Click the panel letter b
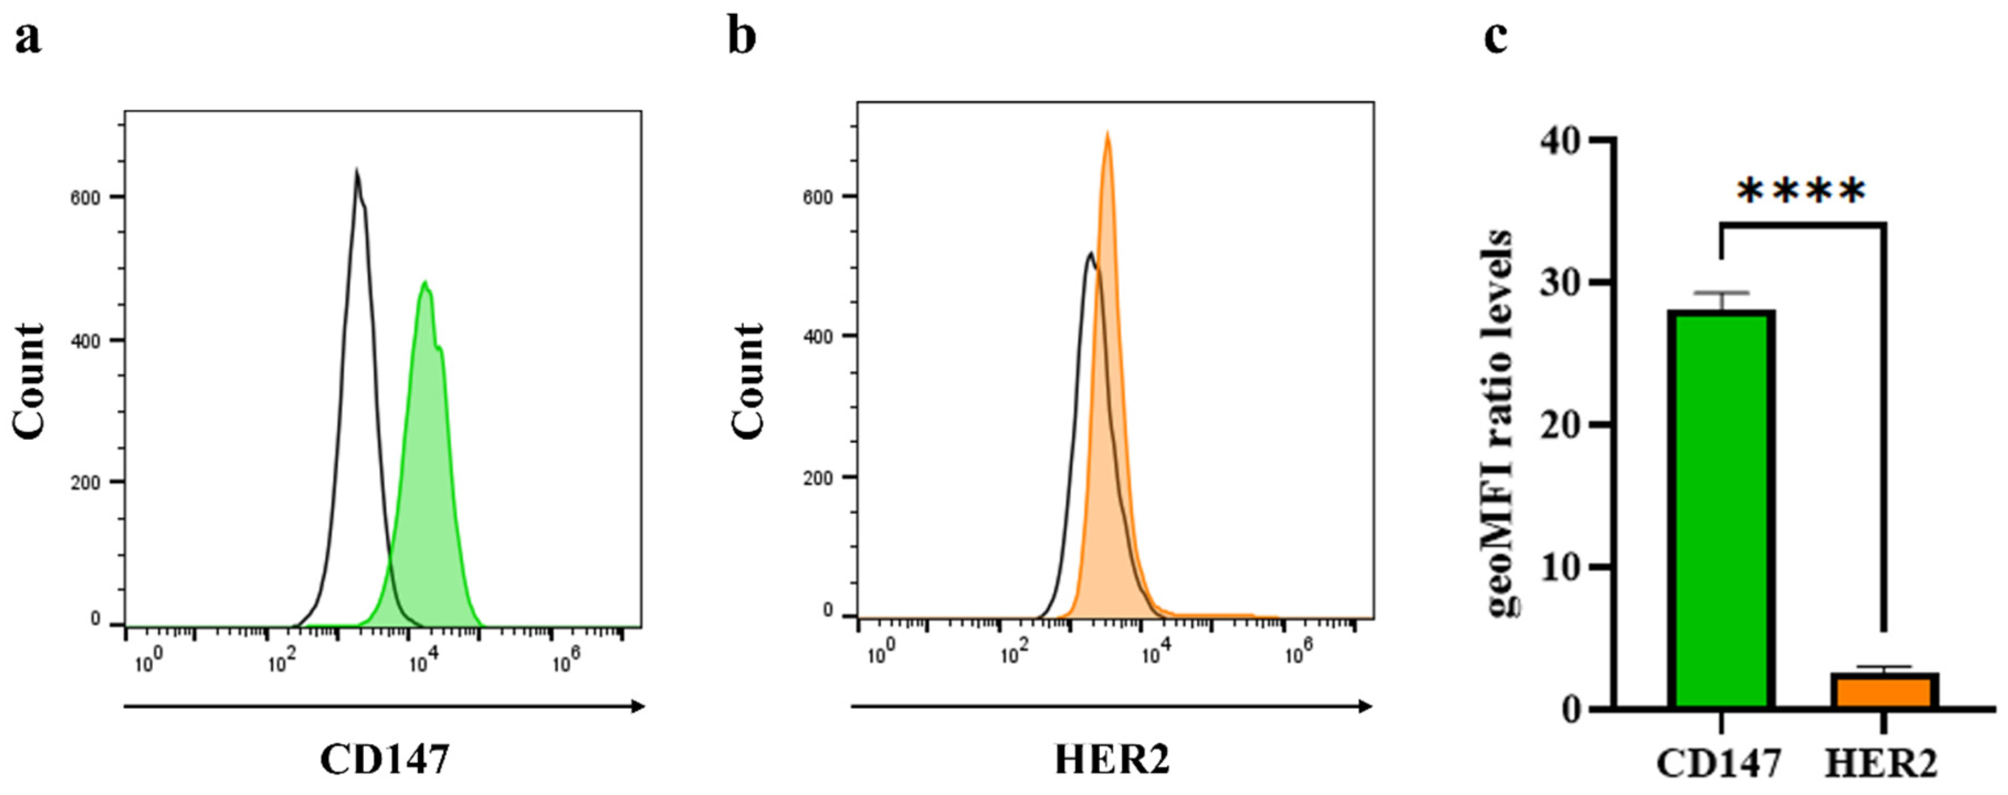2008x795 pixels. [x=742, y=38]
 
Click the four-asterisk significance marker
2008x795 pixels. [x=1801, y=192]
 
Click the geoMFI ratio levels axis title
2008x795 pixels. [x=1501, y=425]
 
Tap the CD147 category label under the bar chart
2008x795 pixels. [x=1719, y=765]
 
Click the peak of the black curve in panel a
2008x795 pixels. [x=356, y=171]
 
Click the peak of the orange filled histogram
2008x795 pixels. [x=1106, y=134]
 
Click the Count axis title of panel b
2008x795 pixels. [x=748, y=382]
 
